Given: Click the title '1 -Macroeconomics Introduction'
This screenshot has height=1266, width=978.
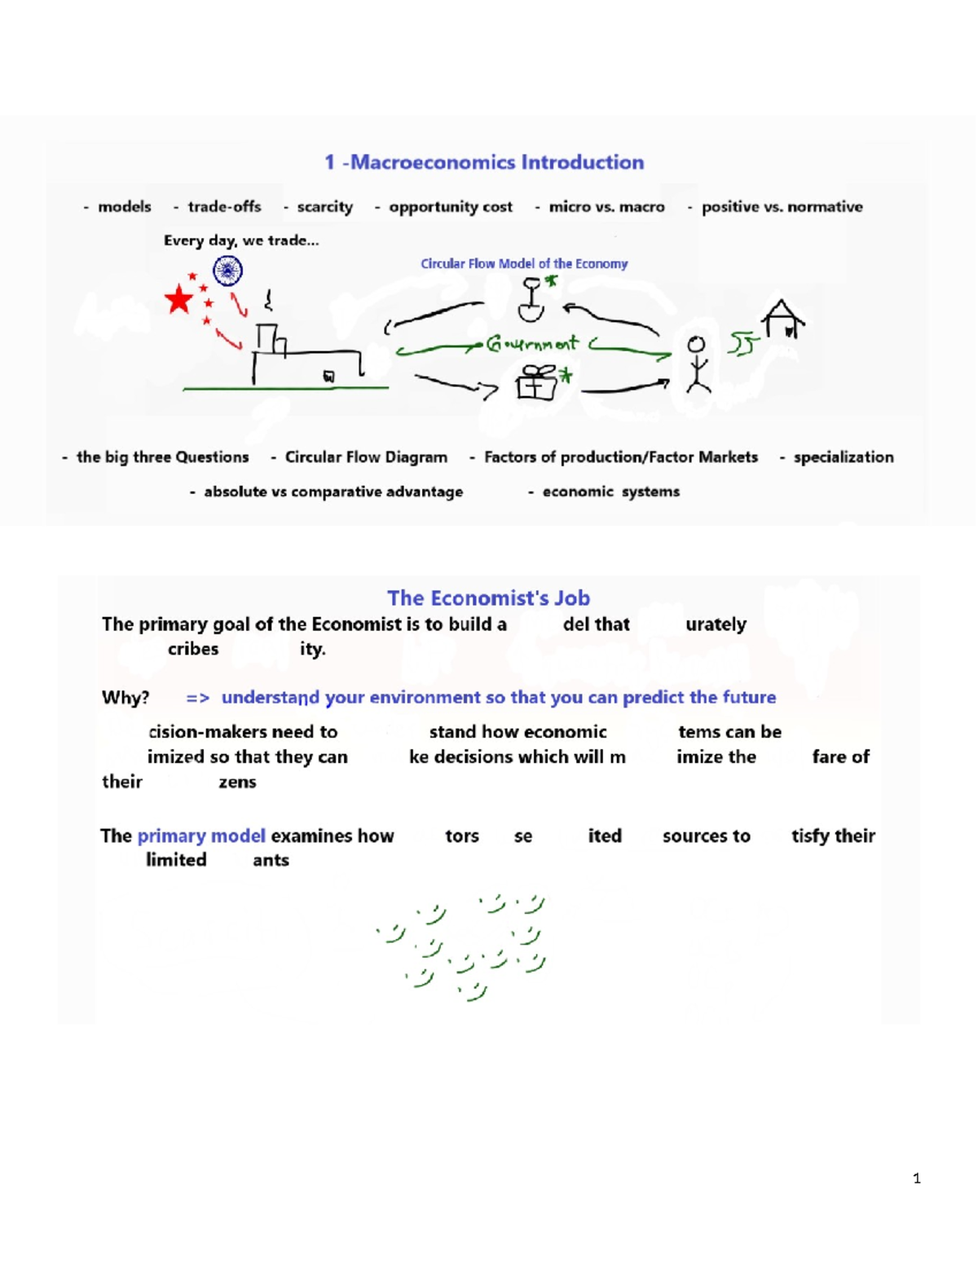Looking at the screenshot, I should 484,162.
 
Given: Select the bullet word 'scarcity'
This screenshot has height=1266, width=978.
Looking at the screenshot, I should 324,207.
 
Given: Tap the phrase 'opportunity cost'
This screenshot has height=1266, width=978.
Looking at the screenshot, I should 450,207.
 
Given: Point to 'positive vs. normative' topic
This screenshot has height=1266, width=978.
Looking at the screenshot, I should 782,207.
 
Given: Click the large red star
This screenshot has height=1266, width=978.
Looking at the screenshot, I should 178,300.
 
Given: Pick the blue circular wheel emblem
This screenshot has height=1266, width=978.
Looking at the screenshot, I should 227,270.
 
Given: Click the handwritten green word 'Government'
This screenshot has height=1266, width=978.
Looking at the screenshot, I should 532,344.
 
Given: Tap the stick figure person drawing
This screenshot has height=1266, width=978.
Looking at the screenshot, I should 697,364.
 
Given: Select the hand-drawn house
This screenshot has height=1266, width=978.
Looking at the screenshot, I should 782,319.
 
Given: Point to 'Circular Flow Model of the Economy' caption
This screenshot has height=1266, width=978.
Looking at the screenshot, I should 524,264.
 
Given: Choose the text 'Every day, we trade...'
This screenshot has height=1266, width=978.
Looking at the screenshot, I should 241,240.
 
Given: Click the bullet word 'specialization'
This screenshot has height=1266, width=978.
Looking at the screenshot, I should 844,457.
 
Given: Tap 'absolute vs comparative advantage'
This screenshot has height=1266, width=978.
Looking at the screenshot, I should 333,492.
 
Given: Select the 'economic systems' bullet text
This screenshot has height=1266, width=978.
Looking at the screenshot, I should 610,492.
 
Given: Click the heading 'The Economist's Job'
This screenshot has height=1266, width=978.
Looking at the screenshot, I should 488,598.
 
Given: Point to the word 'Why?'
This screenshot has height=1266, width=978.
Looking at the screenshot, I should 126,698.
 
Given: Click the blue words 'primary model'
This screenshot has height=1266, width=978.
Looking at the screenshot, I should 201,836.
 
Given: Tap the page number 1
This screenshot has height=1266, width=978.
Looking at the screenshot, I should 917,1178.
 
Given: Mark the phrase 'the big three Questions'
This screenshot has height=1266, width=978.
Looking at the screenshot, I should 162,457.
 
